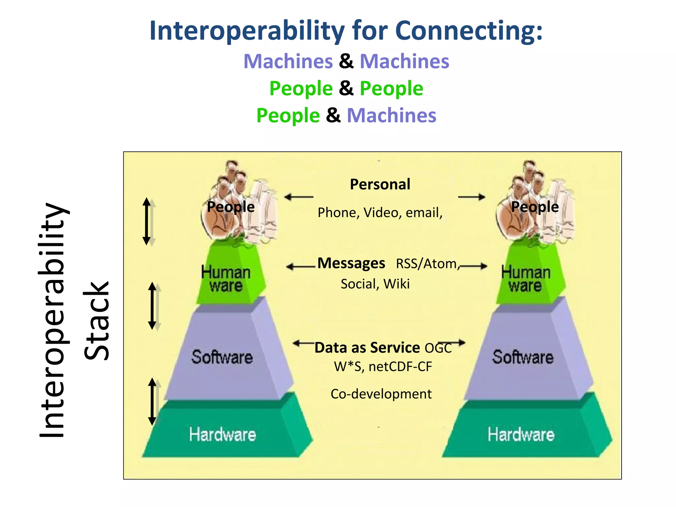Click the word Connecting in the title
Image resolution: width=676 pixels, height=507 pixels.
(x=469, y=31)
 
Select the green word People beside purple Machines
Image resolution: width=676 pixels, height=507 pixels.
(x=288, y=116)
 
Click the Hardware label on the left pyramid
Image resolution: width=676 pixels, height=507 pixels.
(x=222, y=434)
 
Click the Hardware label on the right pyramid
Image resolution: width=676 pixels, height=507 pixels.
(x=521, y=434)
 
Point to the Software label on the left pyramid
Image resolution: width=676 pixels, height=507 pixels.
(x=222, y=357)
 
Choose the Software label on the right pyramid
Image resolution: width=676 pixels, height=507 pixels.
(x=523, y=357)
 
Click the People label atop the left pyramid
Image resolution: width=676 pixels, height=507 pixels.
(x=231, y=207)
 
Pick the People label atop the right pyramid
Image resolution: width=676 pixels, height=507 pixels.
(x=535, y=207)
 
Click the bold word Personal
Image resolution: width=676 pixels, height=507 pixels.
(x=380, y=184)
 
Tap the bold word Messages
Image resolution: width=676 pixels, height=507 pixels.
(x=351, y=263)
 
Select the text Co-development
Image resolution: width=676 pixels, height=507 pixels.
(x=381, y=394)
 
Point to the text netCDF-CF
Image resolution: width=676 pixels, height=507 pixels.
(x=400, y=367)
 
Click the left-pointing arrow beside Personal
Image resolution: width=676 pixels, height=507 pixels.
(x=299, y=197)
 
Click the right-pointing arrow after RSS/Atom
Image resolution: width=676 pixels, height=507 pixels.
(x=473, y=266)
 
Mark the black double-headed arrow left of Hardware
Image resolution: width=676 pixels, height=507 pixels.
(x=152, y=401)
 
